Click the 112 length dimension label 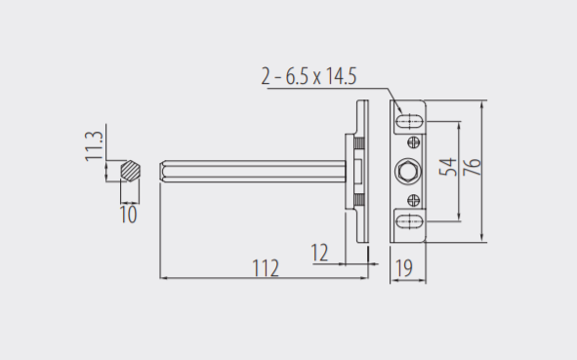(x=266, y=268)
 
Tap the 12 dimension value (x=320, y=253)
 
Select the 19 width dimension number (x=404, y=268)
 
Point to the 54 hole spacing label (x=448, y=167)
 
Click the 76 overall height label (x=473, y=167)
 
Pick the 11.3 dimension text (x=94, y=146)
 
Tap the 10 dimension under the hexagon (x=129, y=215)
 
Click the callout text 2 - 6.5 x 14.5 (x=309, y=76)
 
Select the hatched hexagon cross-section (x=130, y=171)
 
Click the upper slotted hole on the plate (x=409, y=121)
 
